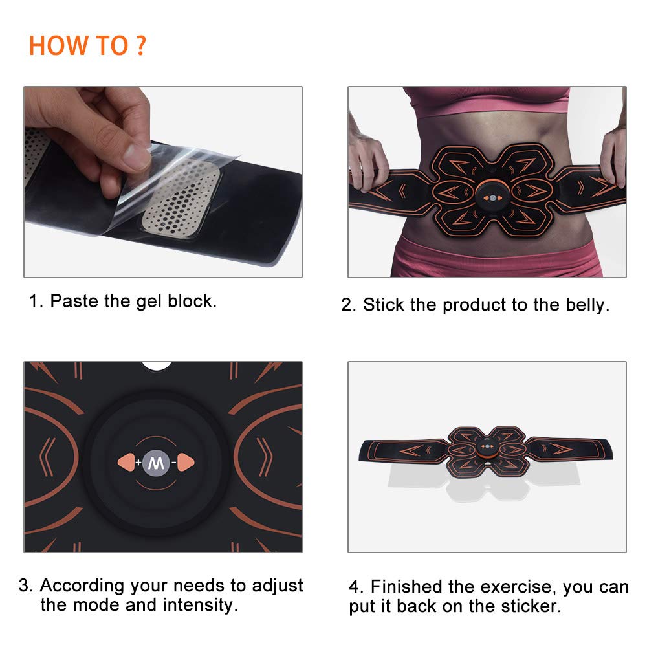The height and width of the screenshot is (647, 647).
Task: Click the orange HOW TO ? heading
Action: point(87,47)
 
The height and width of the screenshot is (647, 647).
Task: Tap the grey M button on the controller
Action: point(155,462)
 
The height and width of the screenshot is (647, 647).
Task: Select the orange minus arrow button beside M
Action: point(185,462)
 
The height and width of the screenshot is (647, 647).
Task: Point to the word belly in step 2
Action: point(585,305)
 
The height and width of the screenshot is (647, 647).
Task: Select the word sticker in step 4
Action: point(529,606)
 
